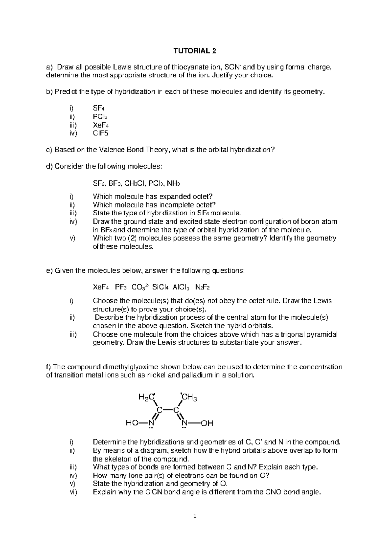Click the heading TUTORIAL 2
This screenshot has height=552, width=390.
(x=195, y=51)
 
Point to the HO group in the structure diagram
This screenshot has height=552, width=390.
(x=132, y=423)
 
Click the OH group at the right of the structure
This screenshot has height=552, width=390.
(x=207, y=423)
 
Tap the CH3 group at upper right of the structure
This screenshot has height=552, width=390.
(x=189, y=397)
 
